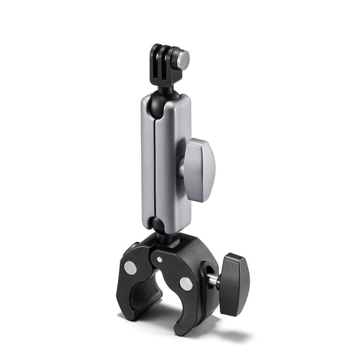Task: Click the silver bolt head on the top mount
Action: coord(183,59)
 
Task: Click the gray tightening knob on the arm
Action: coord(201,165)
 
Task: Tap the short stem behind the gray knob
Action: coord(181,168)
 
